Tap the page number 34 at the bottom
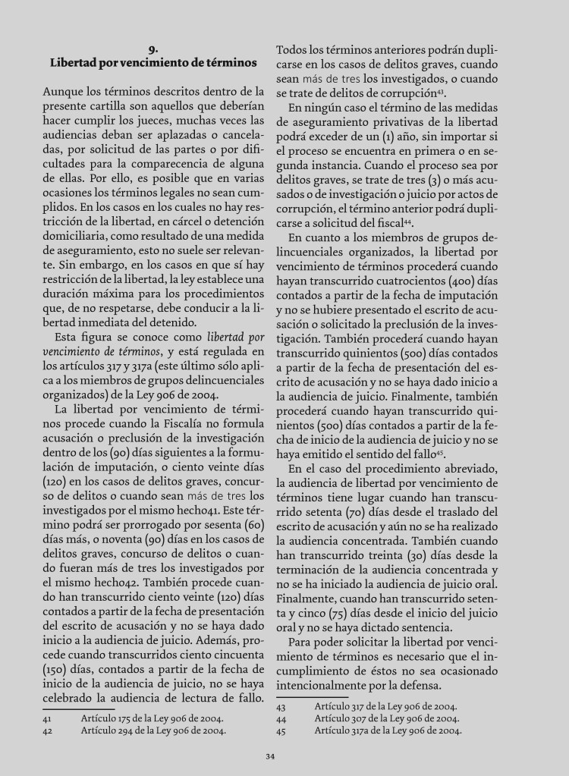pyautogui.click(x=270, y=756)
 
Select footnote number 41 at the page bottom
pyautogui.click(x=47, y=718)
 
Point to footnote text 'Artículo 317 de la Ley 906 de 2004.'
pyautogui.click(x=386, y=705)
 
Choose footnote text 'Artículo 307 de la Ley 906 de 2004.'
pyautogui.click(x=386, y=718)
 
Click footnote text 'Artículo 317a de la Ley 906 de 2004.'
pyautogui.click(x=388, y=731)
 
